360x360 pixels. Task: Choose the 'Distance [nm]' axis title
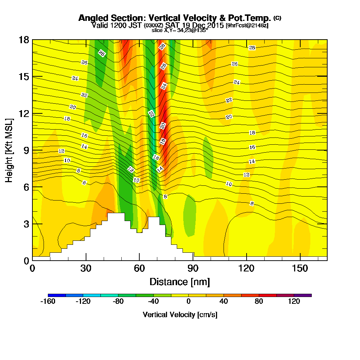[180, 282]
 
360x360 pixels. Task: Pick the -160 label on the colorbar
[49, 302]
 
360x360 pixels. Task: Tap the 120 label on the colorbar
[294, 302]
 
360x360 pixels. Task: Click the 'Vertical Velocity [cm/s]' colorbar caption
[180, 315]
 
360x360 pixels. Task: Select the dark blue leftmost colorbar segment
[57, 295]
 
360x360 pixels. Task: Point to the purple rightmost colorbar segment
[303, 295]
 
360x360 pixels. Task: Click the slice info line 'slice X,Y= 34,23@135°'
[180, 31]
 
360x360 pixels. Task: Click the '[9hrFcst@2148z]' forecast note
[247, 26]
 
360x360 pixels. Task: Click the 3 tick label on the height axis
[26, 224]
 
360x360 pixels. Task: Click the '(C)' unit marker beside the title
[277, 18]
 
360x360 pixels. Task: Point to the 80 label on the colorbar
[259, 302]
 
